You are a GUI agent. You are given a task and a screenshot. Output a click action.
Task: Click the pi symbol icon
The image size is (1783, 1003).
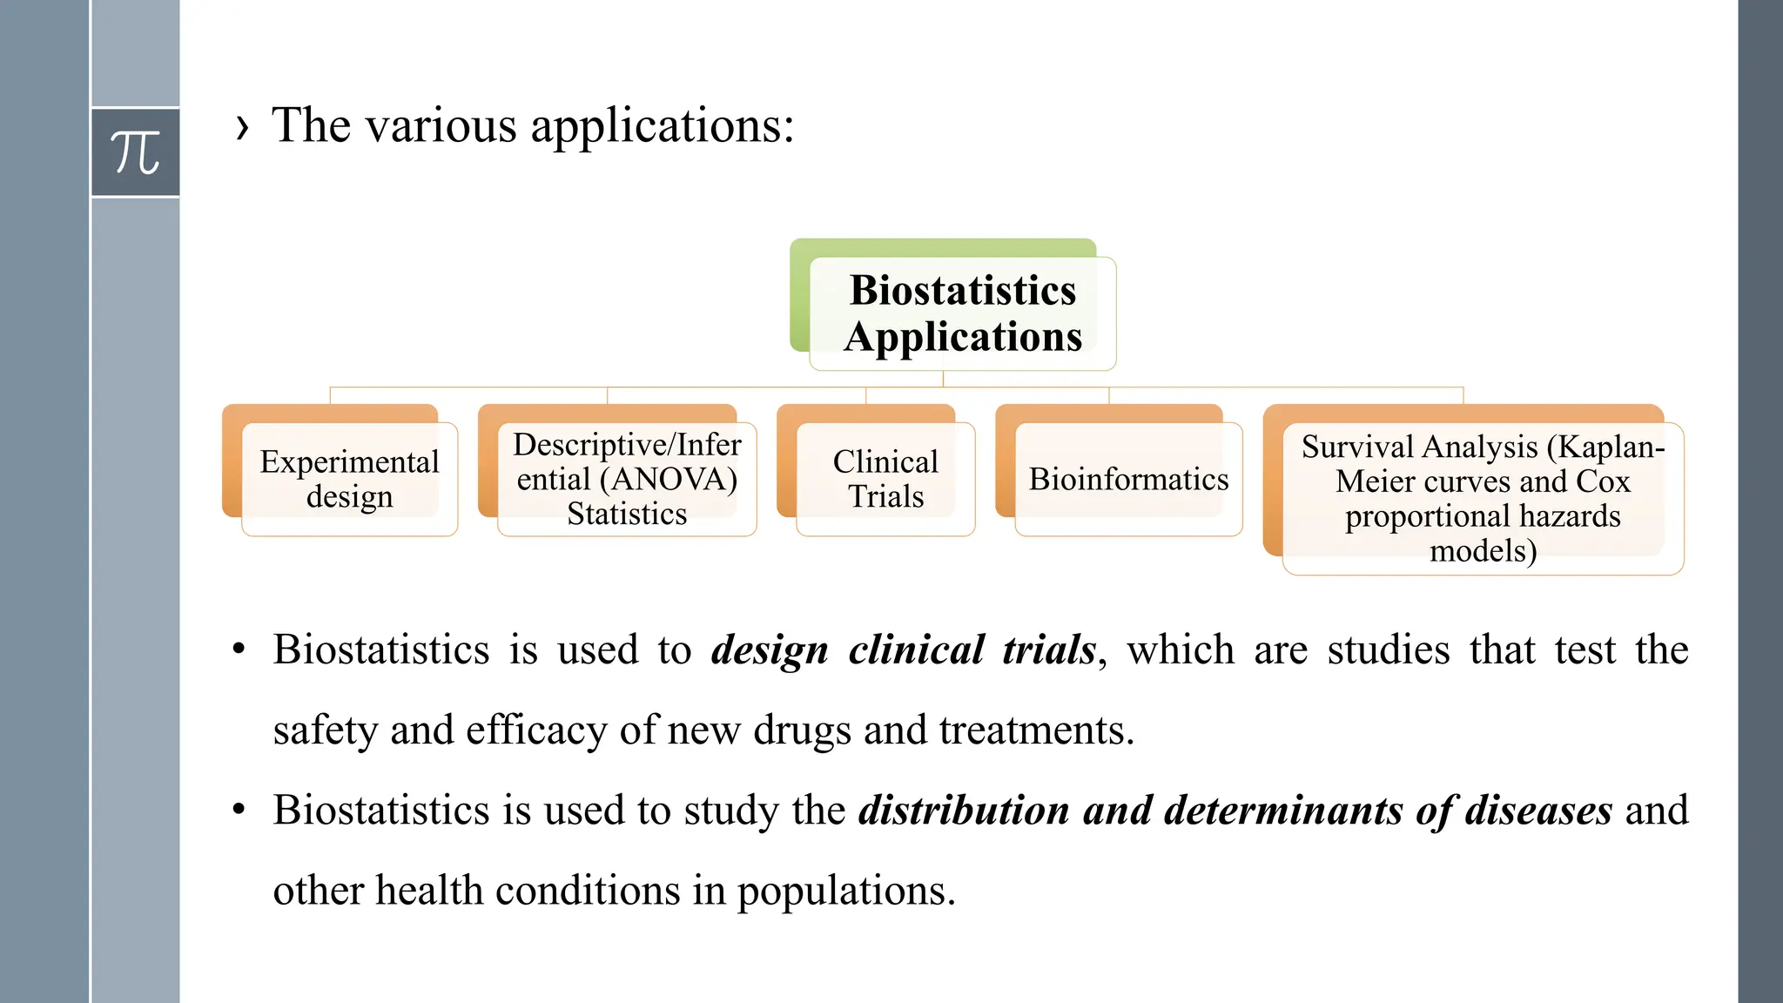[136, 152]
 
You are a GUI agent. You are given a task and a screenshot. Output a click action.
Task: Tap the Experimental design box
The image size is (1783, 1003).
[349, 479]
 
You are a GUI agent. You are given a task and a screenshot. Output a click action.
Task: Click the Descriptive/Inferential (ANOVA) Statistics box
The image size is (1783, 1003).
[627, 479]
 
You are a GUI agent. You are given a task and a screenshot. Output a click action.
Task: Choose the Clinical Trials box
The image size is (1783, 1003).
[885, 479]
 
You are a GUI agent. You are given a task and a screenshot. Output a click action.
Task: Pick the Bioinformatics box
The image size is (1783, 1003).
[1128, 479]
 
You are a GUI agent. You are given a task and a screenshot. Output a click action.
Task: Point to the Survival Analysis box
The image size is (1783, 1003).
[1483, 498]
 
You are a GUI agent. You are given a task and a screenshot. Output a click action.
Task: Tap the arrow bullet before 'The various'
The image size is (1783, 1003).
[242, 127]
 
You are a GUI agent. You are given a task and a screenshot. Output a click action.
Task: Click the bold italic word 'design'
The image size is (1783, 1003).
[770, 650]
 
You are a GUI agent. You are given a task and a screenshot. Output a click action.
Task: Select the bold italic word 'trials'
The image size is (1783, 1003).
[1049, 650]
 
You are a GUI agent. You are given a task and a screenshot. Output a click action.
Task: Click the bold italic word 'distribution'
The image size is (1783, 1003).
[964, 811]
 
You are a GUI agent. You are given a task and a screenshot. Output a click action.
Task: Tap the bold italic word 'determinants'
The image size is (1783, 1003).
[1283, 811]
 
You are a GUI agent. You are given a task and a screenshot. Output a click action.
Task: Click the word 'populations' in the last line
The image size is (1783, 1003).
[845, 891]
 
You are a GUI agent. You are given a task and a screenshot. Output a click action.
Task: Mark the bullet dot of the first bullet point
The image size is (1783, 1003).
[239, 650]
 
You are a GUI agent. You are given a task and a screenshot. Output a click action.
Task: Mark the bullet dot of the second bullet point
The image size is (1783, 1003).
[239, 811]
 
